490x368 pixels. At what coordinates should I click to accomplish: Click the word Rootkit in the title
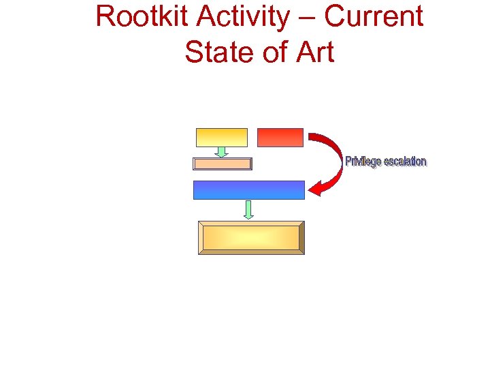136,16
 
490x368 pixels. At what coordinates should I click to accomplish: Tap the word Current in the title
374,16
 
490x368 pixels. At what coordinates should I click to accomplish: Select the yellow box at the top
222,137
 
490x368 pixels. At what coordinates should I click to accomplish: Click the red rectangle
280,137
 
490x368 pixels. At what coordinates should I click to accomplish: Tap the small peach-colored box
223,164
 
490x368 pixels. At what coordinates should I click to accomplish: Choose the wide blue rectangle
248,189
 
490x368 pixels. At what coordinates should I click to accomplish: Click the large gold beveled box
251,238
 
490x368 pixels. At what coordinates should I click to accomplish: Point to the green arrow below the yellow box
221,151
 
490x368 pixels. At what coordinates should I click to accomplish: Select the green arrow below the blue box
248,209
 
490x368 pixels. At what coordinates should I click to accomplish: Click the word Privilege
363,162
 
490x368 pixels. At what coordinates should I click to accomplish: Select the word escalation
406,162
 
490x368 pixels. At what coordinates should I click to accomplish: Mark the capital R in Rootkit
105,16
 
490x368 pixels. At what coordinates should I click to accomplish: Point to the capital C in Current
335,16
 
